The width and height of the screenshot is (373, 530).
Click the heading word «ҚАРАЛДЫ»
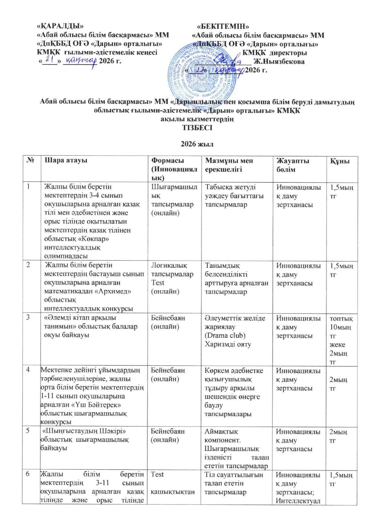60,26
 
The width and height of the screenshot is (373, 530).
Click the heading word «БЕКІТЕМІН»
225,26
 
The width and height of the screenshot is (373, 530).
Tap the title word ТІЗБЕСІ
197,128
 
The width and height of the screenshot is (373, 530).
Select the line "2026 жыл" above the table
197,144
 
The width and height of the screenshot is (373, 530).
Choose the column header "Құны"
340,161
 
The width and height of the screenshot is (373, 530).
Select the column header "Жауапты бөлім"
293,165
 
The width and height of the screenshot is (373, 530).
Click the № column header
30,160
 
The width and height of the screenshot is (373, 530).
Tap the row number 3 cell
28,318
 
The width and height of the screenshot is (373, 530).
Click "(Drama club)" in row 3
225,336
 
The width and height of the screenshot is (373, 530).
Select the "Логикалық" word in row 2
169,265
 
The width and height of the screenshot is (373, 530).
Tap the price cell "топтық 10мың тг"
341,327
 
